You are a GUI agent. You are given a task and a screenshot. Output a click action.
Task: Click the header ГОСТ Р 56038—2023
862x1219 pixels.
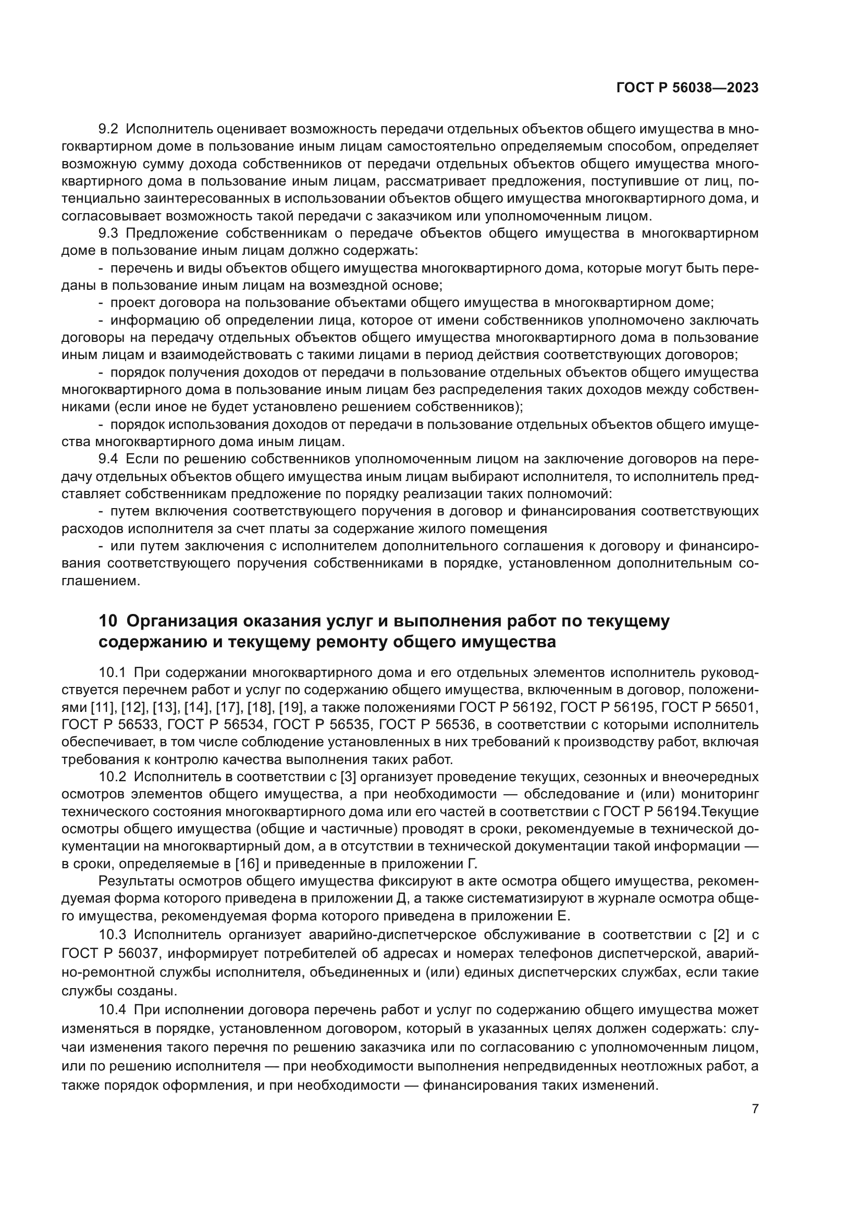(x=687, y=88)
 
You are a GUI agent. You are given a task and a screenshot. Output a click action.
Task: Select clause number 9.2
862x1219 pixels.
(x=109, y=129)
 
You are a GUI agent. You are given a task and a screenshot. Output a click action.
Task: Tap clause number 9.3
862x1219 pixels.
(x=109, y=233)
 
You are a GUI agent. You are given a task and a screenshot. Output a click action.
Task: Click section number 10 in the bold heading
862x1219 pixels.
(x=107, y=621)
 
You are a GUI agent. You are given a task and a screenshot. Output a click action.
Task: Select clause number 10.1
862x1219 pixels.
(x=112, y=673)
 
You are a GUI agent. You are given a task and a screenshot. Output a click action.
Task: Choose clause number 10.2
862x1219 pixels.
(x=112, y=777)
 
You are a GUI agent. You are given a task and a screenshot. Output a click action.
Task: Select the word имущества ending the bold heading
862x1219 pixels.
(x=509, y=643)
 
